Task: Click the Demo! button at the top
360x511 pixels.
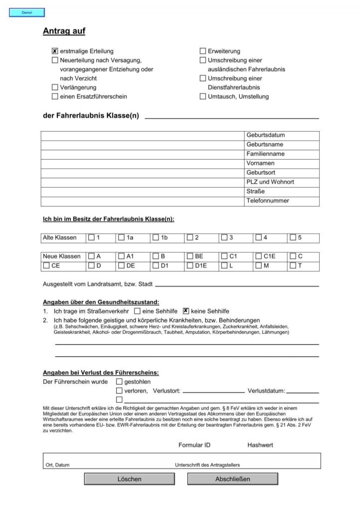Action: pyautogui.click(x=27, y=12)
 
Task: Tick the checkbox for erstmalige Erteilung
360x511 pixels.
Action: pyautogui.click(x=55, y=51)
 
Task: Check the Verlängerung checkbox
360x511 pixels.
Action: pyautogui.click(x=55, y=87)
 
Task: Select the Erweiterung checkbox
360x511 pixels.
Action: pyautogui.click(x=203, y=51)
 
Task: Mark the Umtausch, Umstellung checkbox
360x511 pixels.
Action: pyautogui.click(x=203, y=96)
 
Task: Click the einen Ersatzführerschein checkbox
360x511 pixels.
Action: pyautogui.click(x=55, y=96)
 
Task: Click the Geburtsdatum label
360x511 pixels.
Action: pyautogui.click(x=265, y=135)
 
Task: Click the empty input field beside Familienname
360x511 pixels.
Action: pyautogui.click(x=142, y=154)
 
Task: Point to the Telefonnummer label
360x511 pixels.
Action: pyautogui.click(x=267, y=201)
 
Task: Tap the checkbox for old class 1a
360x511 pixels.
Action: pyautogui.click(x=122, y=238)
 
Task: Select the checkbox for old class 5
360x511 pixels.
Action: pyautogui.click(x=293, y=238)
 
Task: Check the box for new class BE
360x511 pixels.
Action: pyautogui.click(x=190, y=256)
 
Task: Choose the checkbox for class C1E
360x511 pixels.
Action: pyautogui.click(x=258, y=256)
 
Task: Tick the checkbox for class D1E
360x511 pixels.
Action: pyautogui.click(x=190, y=265)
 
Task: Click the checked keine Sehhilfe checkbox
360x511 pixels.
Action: pyautogui.click(x=186, y=310)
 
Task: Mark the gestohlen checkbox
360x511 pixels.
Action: pyautogui.click(x=119, y=382)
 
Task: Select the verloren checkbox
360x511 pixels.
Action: pyautogui.click(x=119, y=391)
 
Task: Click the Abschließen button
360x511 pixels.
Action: pyautogui.click(x=232, y=479)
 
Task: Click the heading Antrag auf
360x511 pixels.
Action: pyautogui.click(x=64, y=31)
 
